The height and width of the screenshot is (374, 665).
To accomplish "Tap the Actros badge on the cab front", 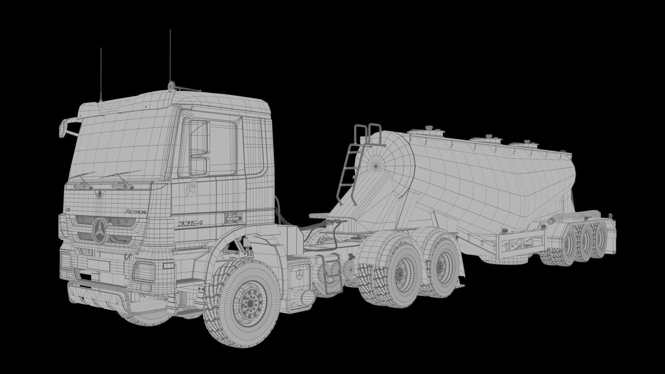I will point(136,212).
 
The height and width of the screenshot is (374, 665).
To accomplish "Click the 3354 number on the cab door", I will point(190,223).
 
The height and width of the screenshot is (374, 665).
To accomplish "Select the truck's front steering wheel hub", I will point(250,303).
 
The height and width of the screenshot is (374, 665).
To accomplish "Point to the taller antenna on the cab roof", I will point(170,59).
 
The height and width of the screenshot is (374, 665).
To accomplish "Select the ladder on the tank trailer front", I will point(350,166).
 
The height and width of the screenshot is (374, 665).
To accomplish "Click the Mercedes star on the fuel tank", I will point(300,275).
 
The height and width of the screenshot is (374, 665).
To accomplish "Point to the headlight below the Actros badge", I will point(143,271).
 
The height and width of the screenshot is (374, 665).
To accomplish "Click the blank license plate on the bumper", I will point(99,265).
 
